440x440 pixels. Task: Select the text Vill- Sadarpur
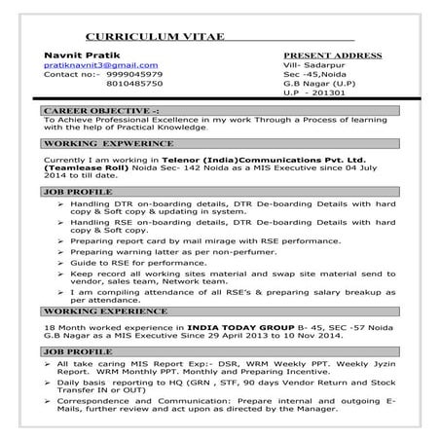click(314, 64)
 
